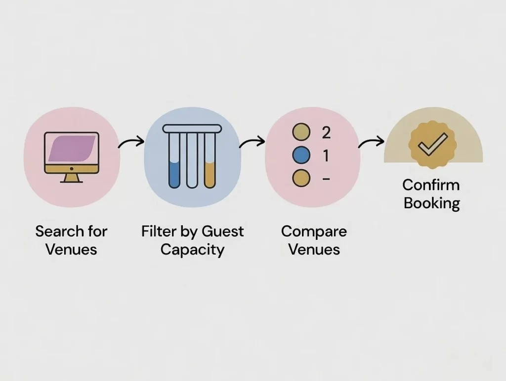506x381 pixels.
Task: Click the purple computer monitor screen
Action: point(72,149)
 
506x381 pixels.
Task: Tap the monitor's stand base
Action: point(72,180)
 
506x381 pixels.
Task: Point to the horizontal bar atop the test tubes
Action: point(192,128)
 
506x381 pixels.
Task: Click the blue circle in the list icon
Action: point(301,155)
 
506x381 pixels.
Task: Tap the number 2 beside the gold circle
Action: point(326,132)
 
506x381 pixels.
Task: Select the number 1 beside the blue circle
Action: point(326,156)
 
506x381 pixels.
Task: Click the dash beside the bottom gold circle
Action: point(326,179)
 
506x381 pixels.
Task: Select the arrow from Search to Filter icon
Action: point(131,143)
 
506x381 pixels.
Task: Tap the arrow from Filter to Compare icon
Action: point(252,143)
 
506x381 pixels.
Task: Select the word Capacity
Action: point(192,249)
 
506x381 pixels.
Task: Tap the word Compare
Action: point(314,231)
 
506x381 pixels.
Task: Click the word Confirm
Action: point(431,185)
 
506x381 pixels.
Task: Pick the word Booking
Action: point(431,203)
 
